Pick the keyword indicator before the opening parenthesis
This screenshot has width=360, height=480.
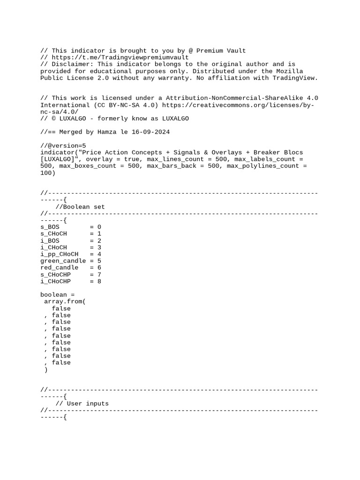[57, 152]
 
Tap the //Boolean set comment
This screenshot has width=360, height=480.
[80, 207]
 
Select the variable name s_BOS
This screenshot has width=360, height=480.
[50, 227]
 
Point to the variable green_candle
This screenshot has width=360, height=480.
[63, 261]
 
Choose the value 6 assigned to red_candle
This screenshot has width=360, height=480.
[99, 268]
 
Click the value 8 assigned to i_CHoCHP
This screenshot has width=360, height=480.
[99, 281]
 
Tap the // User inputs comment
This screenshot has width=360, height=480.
[82, 403]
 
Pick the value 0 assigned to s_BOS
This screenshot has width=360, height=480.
[99, 227]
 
